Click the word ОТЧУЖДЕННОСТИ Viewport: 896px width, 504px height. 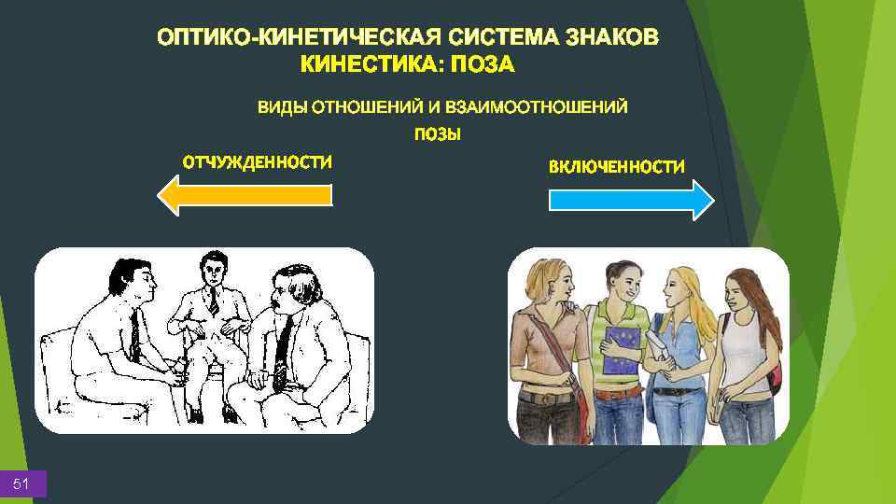[257, 162]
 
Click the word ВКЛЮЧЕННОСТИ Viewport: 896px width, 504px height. [616, 167]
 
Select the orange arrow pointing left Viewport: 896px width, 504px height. [245, 194]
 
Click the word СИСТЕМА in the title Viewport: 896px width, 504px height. [500, 38]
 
